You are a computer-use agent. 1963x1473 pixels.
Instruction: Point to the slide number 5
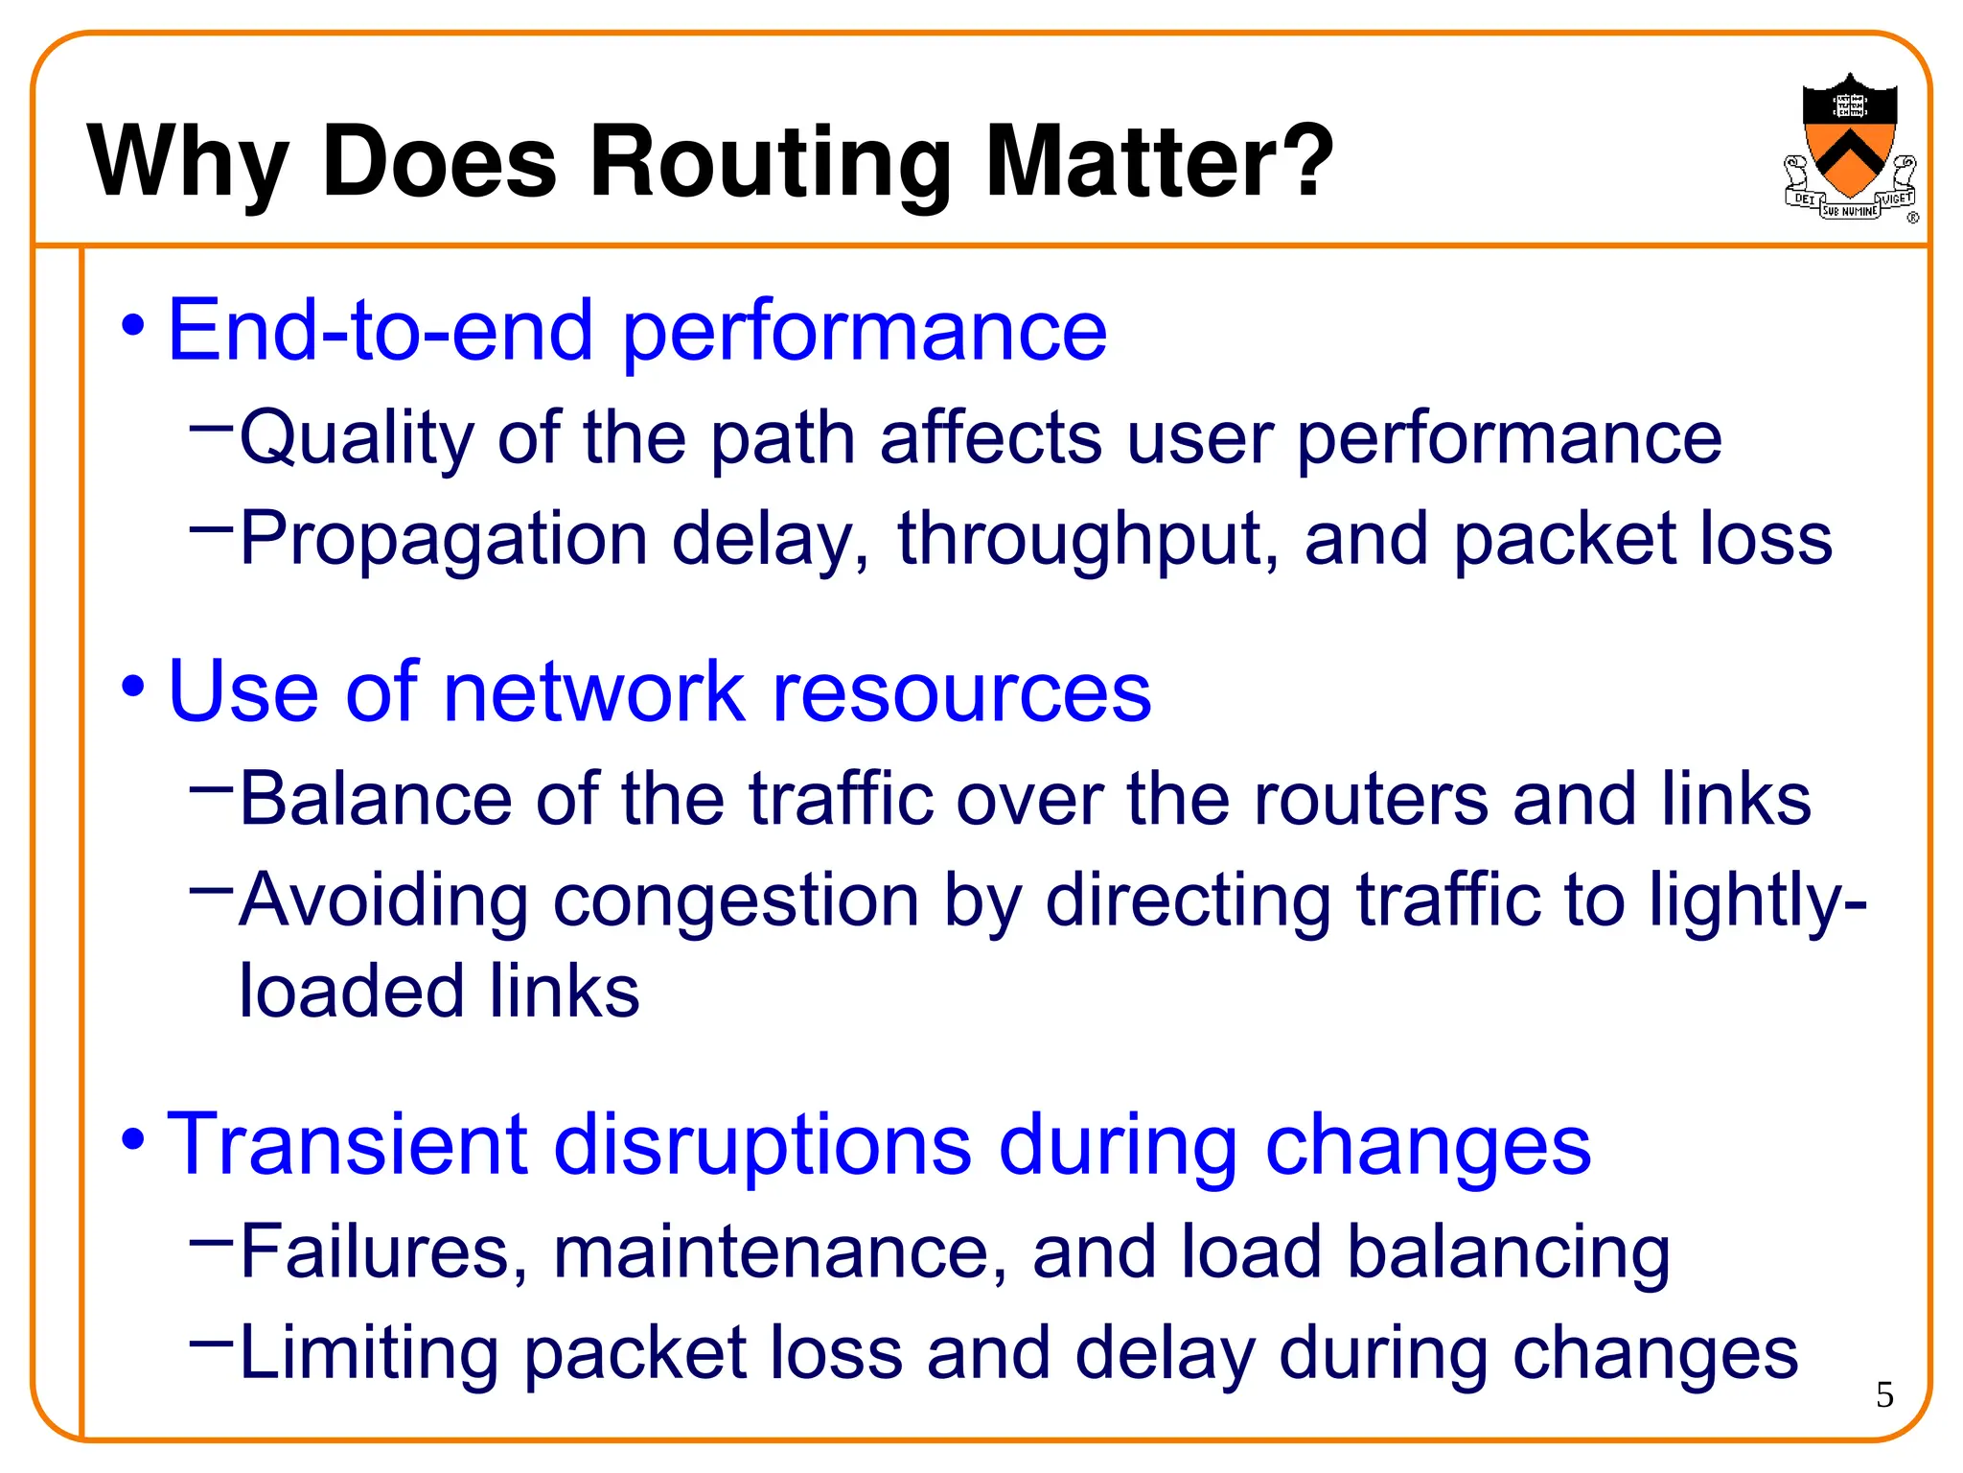pos(1884,1394)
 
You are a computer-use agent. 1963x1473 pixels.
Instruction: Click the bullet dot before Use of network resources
pos(134,687)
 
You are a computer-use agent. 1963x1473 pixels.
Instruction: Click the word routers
pos(1371,799)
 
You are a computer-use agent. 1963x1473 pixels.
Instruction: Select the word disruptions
pos(763,1145)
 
